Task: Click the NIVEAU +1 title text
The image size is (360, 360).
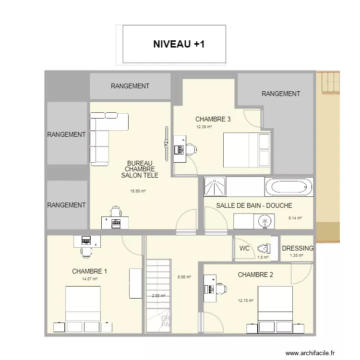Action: [x=179, y=44]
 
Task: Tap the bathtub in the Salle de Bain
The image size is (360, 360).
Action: [x=288, y=187]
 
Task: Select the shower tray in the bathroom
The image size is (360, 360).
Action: [x=214, y=187]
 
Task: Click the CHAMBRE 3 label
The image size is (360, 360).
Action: [x=213, y=119]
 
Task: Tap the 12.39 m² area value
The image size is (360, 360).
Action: [x=204, y=127]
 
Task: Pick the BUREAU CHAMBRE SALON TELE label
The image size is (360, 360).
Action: [x=140, y=169]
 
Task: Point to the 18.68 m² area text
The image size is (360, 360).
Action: [x=138, y=191]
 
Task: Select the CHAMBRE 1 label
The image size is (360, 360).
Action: [x=89, y=271]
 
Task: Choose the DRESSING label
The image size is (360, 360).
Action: [x=298, y=249]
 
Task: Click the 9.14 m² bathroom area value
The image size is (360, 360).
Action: [x=295, y=218]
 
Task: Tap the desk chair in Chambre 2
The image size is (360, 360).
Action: [x=221, y=289]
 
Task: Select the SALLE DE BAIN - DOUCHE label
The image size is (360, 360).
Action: [x=254, y=205]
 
